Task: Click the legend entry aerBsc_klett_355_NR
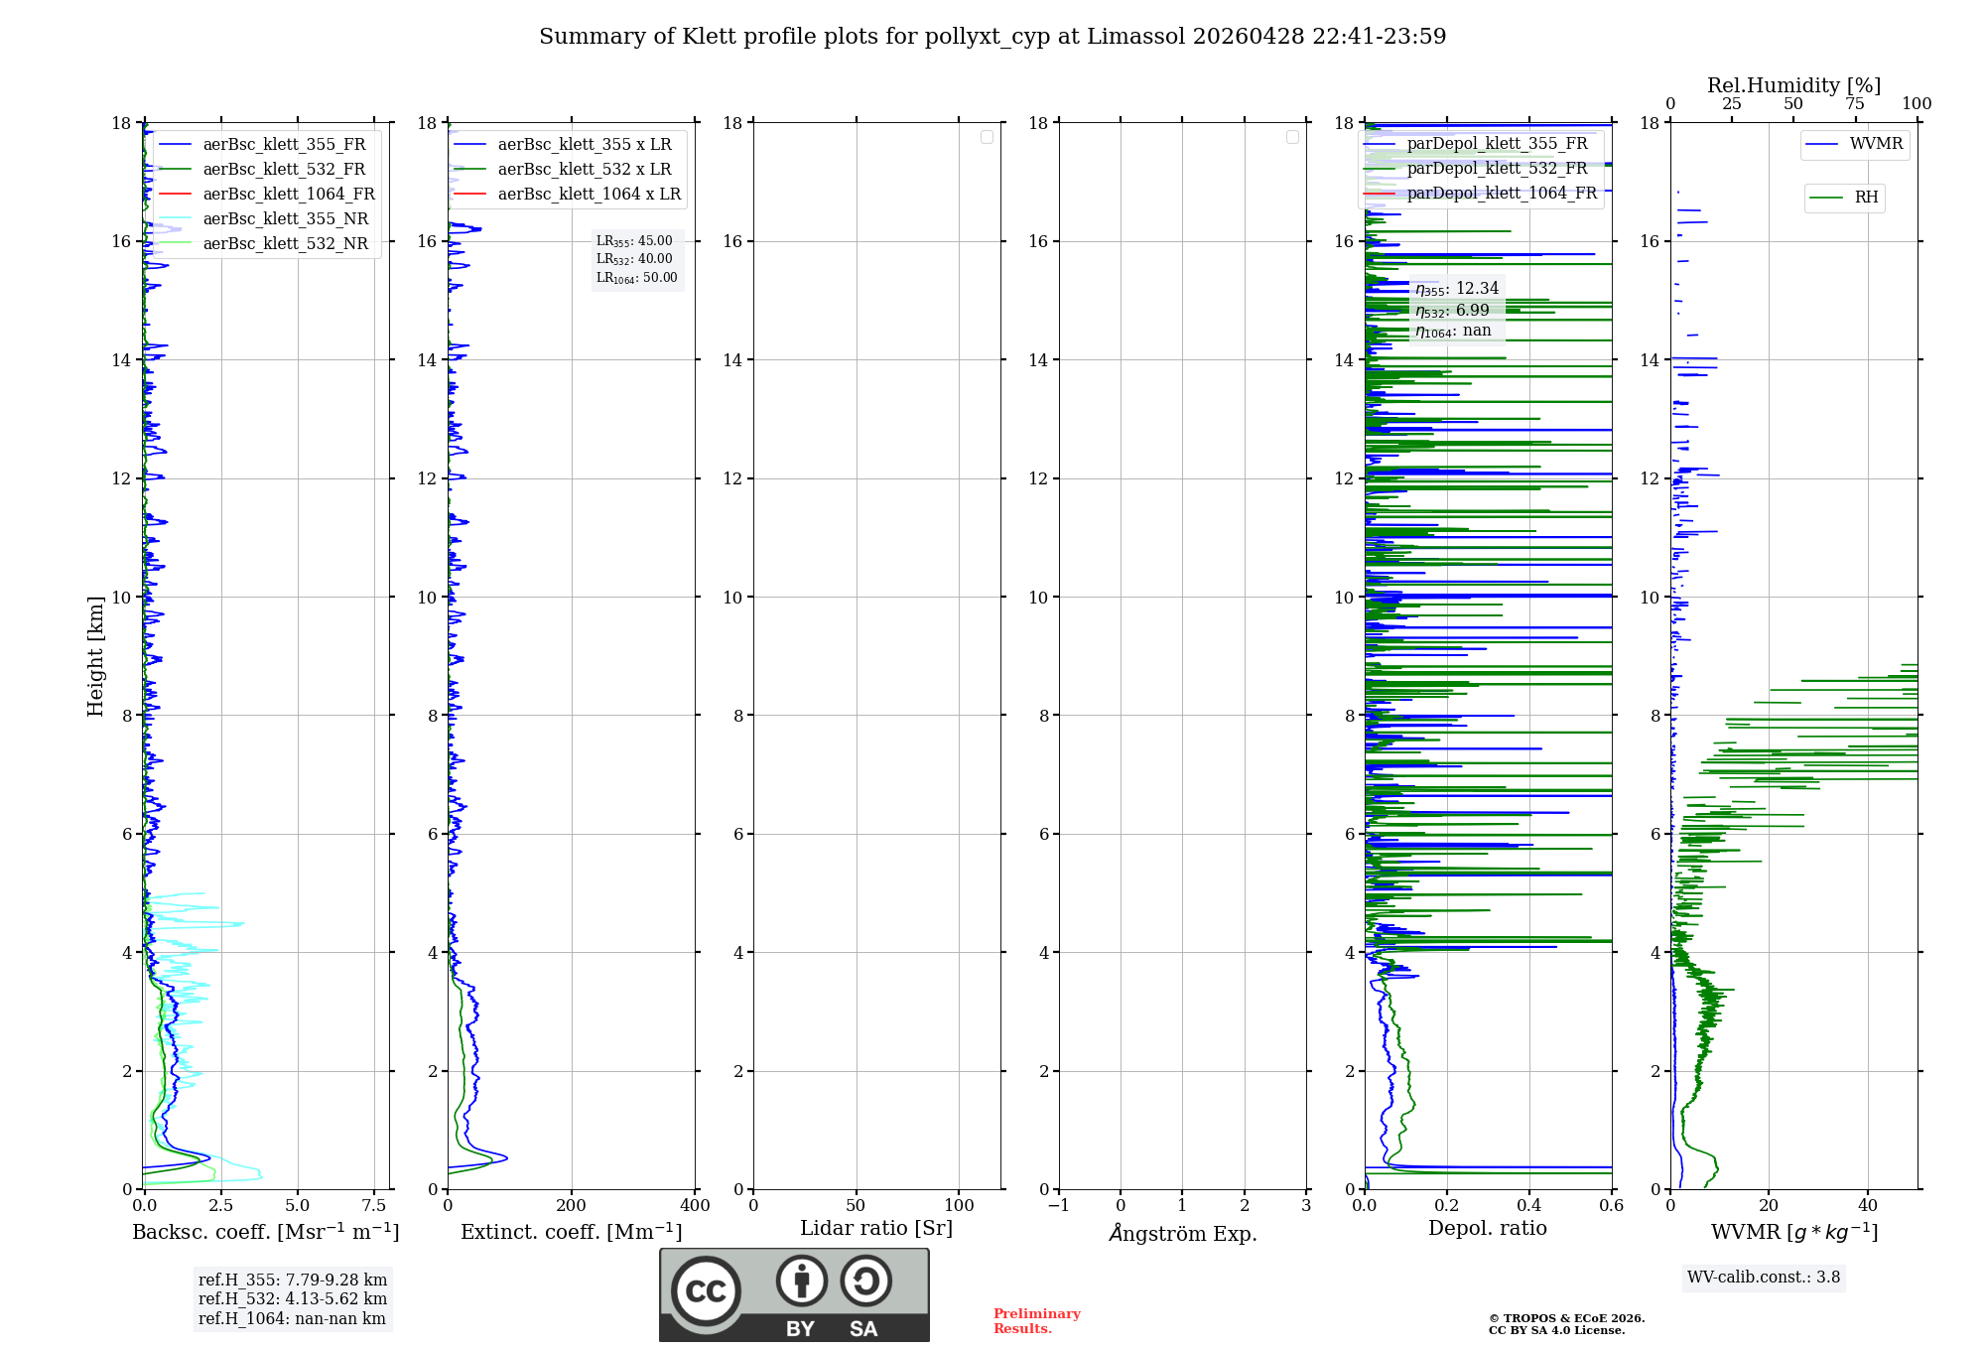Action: (285, 218)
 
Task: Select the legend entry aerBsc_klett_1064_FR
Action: (288, 194)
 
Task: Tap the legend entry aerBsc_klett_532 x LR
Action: (584, 169)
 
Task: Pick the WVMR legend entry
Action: (1876, 144)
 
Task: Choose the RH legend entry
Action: (1866, 198)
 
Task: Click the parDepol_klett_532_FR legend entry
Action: (1497, 169)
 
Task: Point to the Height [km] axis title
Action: (95, 655)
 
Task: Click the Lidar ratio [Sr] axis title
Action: (876, 1228)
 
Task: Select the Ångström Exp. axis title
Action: (1183, 1233)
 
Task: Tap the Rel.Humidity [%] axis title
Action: (1793, 85)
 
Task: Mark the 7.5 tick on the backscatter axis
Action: (374, 1205)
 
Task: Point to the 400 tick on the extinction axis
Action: (695, 1205)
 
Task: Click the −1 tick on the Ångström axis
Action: (1059, 1205)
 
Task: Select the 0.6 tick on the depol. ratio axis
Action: (1611, 1205)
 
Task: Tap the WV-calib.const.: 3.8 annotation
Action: (1764, 1278)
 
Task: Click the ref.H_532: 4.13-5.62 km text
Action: (293, 1298)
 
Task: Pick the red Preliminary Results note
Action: (1036, 1321)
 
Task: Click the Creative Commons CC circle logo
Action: (706, 1291)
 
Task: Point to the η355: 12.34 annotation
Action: (1457, 289)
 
